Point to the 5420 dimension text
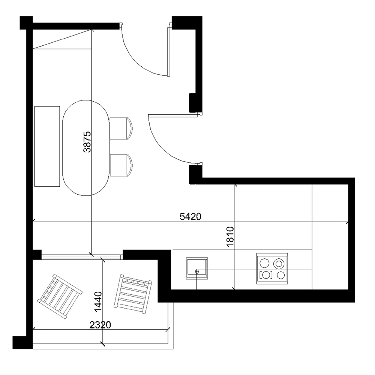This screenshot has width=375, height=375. pos(191,216)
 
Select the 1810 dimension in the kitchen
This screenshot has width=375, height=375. pos(230,237)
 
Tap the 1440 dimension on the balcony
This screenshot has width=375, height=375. pos(97,302)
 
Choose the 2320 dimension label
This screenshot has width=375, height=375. pos(100,325)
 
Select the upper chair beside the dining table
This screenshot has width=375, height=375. pos(121,128)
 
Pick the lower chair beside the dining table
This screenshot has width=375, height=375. pos(121,165)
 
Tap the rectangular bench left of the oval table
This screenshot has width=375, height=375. pos(47,146)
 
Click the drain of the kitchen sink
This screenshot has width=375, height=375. pos(197,271)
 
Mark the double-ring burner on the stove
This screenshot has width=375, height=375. pos(279,263)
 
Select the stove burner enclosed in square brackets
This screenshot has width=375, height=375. pos(266,275)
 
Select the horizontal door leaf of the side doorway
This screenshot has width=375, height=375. pos(173,116)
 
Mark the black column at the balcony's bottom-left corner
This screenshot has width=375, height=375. pos(20,342)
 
